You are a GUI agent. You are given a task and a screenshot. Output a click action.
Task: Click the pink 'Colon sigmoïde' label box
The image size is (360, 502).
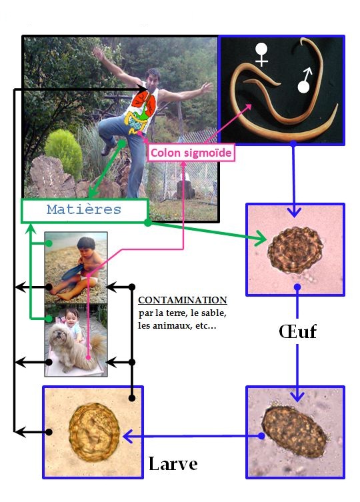click(x=191, y=153)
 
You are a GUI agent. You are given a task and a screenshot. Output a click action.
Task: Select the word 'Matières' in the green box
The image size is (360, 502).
click(x=84, y=210)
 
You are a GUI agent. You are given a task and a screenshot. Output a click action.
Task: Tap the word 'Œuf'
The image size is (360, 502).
click(x=297, y=331)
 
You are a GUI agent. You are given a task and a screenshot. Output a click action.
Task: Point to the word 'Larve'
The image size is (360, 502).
click(x=173, y=463)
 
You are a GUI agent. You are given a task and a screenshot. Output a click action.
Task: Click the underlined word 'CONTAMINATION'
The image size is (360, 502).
click(x=183, y=300)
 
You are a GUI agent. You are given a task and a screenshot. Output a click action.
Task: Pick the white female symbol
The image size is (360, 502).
click(x=262, y=55)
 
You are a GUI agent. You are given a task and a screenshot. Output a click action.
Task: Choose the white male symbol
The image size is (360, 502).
click(x=304, y=81)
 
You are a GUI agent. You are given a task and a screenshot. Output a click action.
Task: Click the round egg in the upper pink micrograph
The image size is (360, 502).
click(x=295, y=250)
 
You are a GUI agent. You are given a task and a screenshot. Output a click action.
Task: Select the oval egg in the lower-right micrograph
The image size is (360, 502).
click(x=295, y=431)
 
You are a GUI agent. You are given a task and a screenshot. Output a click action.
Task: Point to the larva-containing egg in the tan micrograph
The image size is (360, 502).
click(x=94, y=432)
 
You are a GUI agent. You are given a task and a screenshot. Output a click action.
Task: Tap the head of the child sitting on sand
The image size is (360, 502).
click(x=86, y=245)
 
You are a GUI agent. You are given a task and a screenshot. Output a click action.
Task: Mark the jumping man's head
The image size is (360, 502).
click(x=153, y=77)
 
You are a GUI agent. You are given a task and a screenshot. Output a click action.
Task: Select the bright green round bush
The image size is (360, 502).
click(x=63, y=153)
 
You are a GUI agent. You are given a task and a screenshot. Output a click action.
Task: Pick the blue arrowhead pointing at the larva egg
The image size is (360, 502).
click(x=128, y=436)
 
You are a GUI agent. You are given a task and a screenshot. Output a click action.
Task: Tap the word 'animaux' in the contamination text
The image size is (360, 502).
click(x=169, y=326)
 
